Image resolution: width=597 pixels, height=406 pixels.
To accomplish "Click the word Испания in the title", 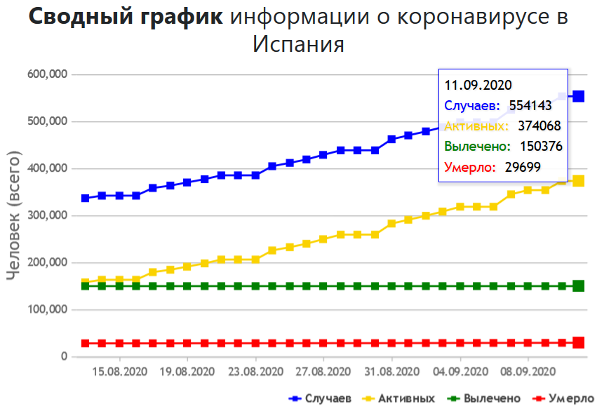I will [298, 44].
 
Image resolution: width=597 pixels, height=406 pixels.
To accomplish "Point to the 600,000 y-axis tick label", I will [47, 74].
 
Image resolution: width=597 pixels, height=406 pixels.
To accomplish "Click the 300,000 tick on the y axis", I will [47, 215].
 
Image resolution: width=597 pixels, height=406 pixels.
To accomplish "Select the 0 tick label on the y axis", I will [63, 357].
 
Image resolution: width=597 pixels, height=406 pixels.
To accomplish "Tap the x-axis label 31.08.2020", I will [391, 371].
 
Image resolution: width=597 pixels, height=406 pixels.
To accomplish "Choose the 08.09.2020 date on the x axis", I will [528, 371].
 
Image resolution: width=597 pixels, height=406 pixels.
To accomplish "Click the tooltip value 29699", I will [525, 167].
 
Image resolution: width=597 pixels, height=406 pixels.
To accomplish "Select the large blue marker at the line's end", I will [579, 96].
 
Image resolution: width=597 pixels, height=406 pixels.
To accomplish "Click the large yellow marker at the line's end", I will [579, 181].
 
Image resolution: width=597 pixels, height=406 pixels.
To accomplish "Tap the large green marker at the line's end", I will [579, 286].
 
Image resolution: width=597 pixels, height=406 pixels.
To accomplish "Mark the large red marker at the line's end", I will [579, 343].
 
